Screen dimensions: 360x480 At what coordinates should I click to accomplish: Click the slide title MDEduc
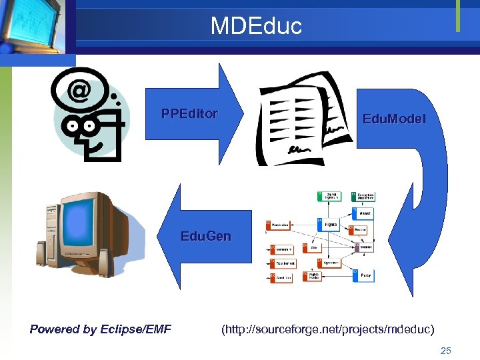click(x=256, y=26)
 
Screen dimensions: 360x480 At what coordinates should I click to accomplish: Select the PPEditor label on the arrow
click(x=189, y=113)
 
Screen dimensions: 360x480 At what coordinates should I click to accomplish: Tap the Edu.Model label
click(x=393, y=119)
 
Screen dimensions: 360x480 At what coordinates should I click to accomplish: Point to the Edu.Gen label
click(x=206, y=237)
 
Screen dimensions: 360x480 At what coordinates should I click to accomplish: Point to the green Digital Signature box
click(x=331, y=197)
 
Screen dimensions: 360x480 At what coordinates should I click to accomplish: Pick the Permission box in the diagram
click(x=280, y=225)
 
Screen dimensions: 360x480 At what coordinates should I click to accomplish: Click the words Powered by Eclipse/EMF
click(x=101, y=329)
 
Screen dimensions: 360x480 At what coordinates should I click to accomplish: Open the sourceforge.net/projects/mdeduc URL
click(x=327, y=329)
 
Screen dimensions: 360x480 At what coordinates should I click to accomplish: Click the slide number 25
click(x=446, y=350)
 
